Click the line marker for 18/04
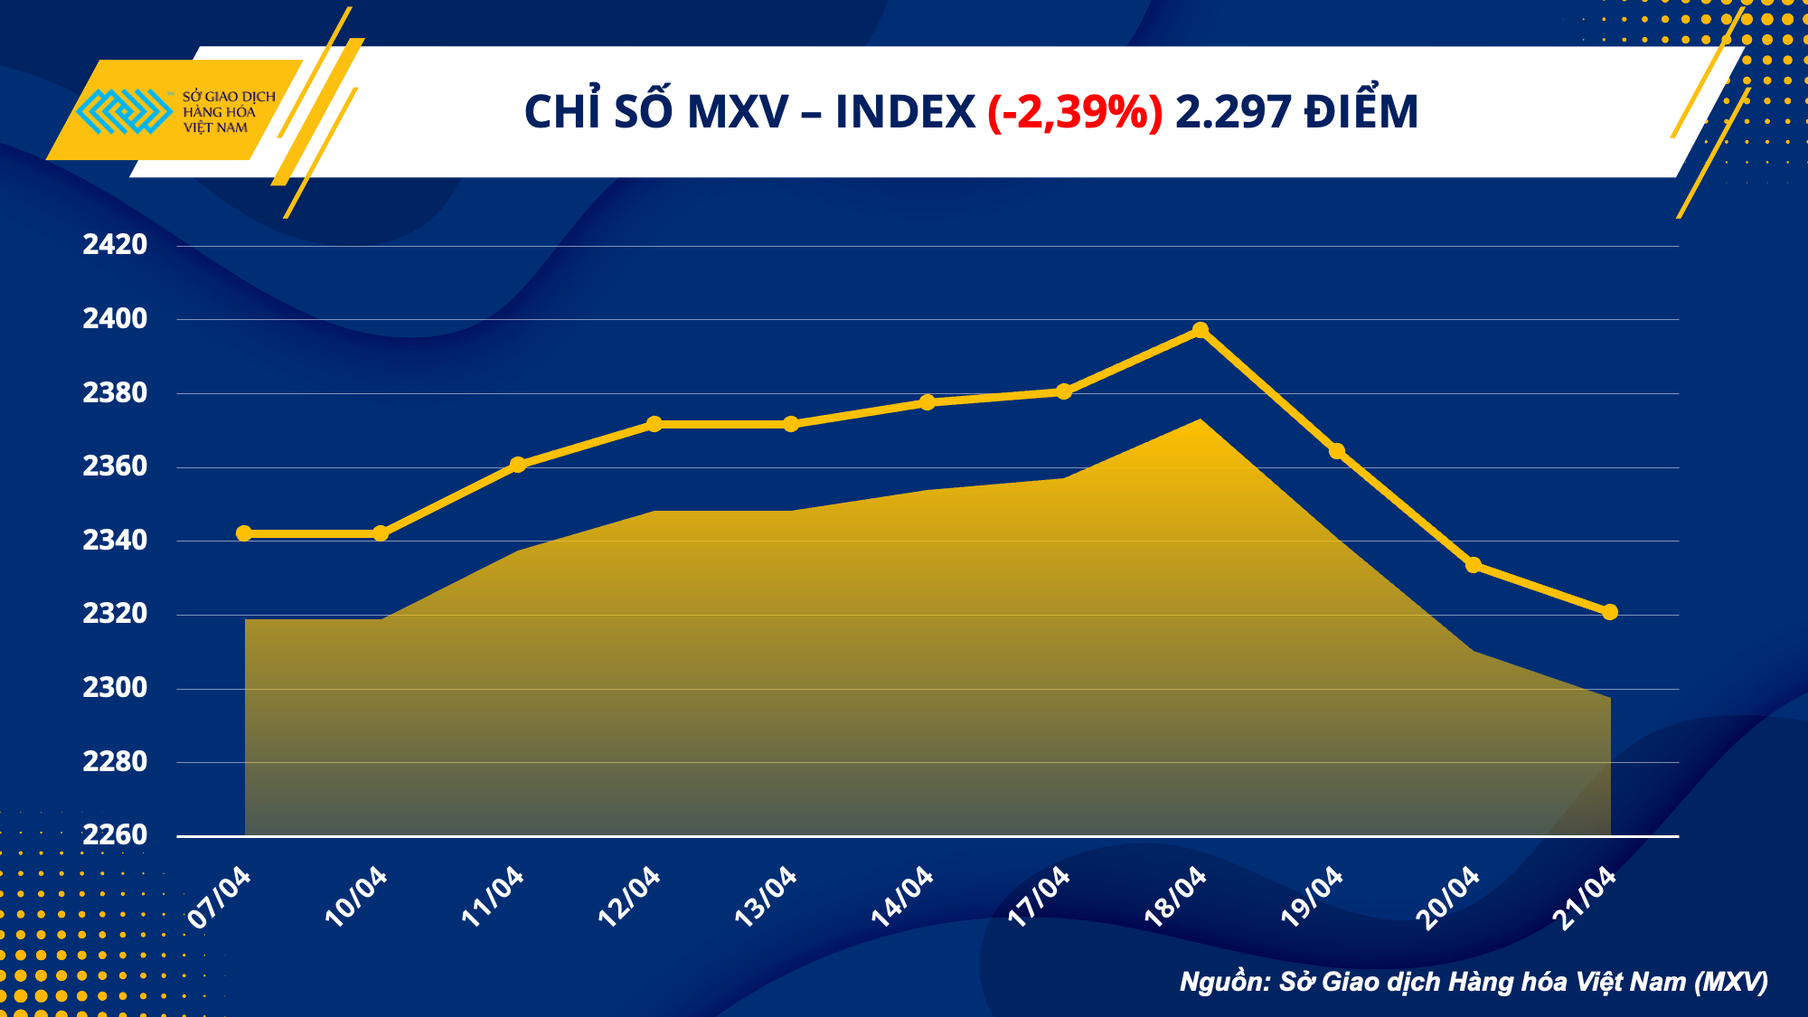coord(1200,330)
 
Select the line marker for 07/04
coord(244,533)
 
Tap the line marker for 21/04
coord(1609,612)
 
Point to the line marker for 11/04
coord(518,465)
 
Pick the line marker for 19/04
coord(1336,451)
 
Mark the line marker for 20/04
coord(1473,565)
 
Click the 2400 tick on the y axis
coord(115,318)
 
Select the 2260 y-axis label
coord(115,834)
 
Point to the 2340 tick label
coord(115,540)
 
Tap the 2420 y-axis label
coord(115,244)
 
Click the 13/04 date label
coord(765,896)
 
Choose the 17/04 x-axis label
coord(1038,896)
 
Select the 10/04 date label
coord(355,896)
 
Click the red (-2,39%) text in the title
coord(1074,112)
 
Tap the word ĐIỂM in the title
coord(1361,112)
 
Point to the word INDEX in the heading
coord(905,112)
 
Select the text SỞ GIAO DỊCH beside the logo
coord(229,97)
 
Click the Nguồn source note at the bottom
coord(1474,982)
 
